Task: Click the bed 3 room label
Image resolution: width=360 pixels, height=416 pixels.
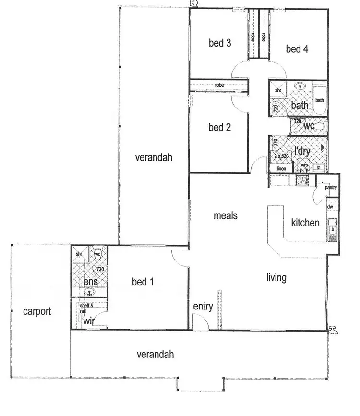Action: point(220,43)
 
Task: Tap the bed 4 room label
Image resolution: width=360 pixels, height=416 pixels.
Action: point(297,48)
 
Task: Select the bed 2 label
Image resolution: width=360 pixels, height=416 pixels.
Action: point(220,127)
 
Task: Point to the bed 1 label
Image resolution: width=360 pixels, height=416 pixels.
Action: point(143,282)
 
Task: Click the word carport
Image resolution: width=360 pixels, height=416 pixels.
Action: point(37,311)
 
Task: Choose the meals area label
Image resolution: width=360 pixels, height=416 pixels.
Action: point(225,216)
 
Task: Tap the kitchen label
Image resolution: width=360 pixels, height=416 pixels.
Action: point(305,223)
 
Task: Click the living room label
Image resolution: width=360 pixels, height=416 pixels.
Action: point(276,277)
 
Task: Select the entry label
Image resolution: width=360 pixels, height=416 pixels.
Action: point(203,307)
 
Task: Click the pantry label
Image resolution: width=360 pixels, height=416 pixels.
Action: point(331,188)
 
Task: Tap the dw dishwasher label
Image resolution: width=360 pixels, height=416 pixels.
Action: point(330,207)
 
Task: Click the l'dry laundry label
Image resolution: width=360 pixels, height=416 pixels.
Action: point(302,151)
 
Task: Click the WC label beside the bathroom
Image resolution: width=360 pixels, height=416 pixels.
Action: point(309,126)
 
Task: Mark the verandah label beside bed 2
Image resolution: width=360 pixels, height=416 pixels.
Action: point(153,157)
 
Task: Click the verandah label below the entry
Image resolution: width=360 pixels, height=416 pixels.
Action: point(155,355)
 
